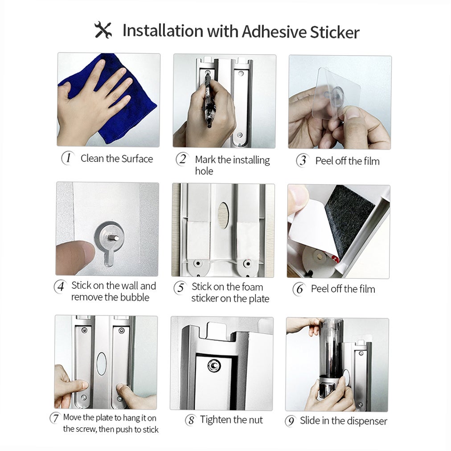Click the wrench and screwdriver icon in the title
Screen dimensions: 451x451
point(103,30)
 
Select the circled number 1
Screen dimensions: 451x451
point(68,158)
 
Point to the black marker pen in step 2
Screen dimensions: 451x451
point(208,100)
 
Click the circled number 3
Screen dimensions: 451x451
point(303,160)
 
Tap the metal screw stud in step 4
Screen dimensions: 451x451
point(114,238)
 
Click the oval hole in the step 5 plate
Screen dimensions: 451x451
point(223,215)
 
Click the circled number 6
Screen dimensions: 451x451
point(299,289)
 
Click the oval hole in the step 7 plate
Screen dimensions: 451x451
point(102,363)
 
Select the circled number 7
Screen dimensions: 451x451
point(55,418)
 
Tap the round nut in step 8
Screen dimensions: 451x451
point(214,366)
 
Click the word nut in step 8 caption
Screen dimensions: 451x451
point(254,420)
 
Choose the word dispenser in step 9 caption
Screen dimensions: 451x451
point(365,421)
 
